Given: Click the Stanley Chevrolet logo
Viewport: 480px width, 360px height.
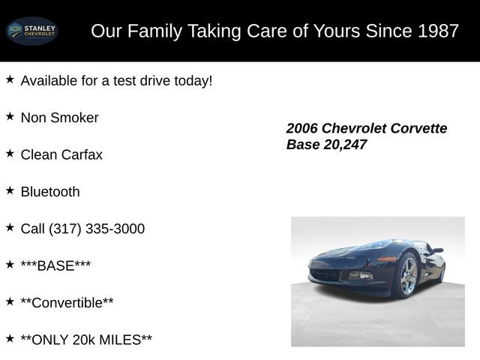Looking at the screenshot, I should click(32, 31).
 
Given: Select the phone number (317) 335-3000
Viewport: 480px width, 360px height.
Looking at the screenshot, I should click(97, 229).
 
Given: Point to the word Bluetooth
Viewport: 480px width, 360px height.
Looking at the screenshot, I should click(50, 192).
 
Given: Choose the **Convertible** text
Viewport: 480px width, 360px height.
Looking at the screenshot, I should click(67, 303).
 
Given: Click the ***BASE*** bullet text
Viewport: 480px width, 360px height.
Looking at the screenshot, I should click(56, 265).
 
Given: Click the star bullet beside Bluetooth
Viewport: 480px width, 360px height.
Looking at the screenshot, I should click(10, 190).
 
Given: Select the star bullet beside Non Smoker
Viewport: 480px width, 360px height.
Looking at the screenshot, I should click(10, 116).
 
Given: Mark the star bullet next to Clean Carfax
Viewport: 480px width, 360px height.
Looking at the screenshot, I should click(10, 153).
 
